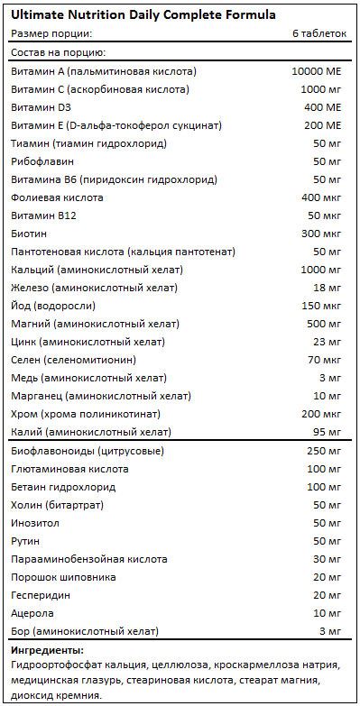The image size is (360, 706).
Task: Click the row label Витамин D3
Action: [39, 107]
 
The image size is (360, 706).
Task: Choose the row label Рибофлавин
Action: [42, 160]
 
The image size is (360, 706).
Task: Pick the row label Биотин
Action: [29, 233]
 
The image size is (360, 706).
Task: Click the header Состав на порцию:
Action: [56, 52]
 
